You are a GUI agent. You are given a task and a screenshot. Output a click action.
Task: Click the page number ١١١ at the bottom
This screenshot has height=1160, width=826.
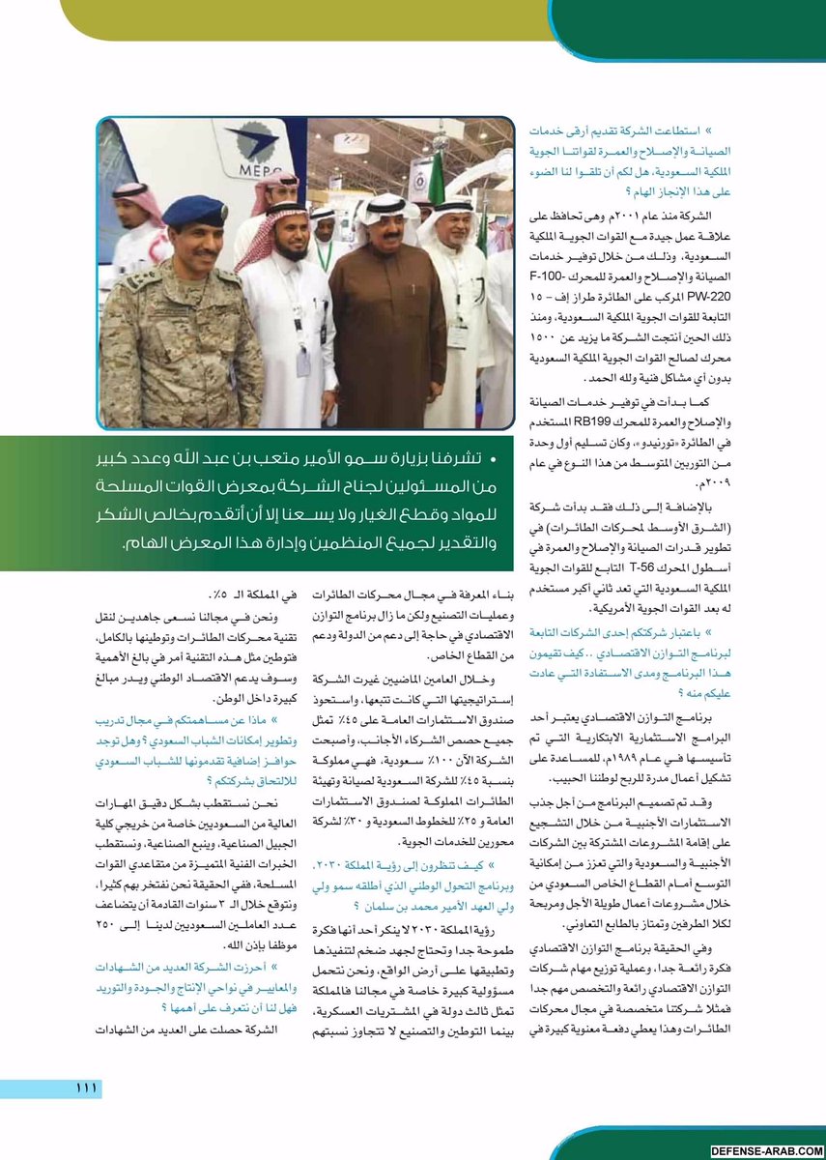(x=86, y=1088)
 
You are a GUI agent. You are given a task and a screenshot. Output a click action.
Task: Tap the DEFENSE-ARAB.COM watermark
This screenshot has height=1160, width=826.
(x=765, y=1151)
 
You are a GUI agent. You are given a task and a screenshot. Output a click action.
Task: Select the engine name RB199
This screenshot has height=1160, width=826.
(x=594, y=419)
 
